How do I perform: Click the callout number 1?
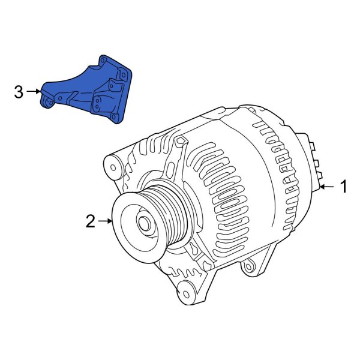click(x=344, y=187)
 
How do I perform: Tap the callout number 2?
click(x=90, y=221)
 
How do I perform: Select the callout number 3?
click(x=19, y=92)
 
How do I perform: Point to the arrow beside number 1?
click(x=327, y=188)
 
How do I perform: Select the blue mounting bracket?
click(x=90, y=90)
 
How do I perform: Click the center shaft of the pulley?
click(x=145, y=224)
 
